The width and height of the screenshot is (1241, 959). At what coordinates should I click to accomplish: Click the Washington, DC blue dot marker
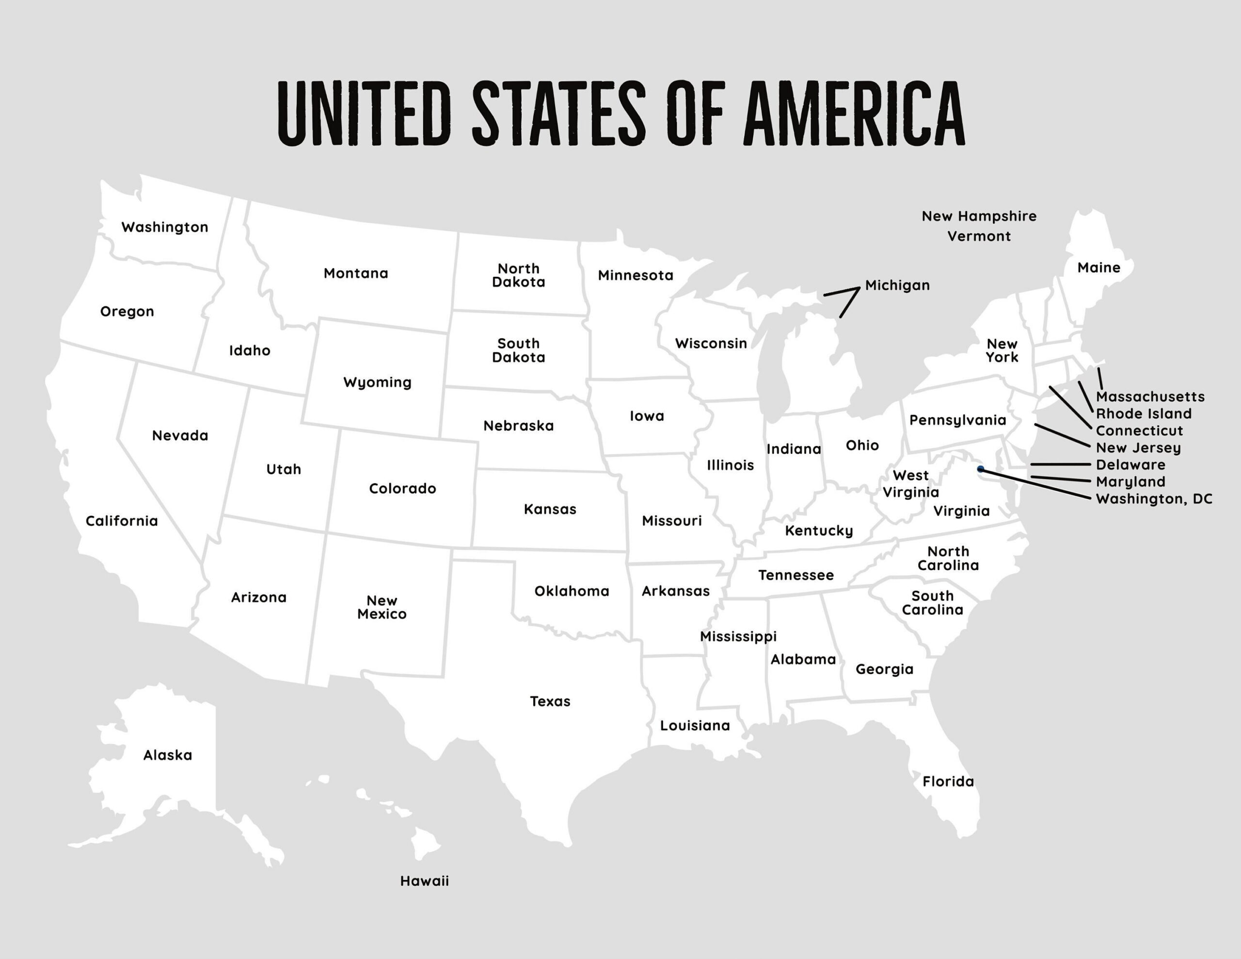coord(980,469)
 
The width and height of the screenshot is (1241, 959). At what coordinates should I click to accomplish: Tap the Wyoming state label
coord(377,383)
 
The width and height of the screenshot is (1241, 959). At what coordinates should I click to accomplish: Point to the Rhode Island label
coord(1143,414)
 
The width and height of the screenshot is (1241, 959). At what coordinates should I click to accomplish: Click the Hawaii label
coord(425,881)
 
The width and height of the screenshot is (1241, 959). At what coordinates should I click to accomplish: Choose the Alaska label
coord(168,755)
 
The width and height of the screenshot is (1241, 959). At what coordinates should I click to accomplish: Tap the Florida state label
coord(948,782)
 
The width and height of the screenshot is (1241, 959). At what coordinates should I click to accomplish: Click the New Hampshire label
coord(978,216)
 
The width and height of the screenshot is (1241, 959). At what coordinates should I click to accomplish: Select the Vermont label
coord(978,236)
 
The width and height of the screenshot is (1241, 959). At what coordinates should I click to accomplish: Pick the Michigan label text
coord(897,286)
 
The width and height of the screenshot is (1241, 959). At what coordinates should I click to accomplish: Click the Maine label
coord(1098,268)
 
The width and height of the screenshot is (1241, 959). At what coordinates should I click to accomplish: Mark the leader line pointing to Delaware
coord(1060,464)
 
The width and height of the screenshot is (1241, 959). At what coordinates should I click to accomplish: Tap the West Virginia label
coord(910,484)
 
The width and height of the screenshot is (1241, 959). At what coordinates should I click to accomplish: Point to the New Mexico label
coord(382,607)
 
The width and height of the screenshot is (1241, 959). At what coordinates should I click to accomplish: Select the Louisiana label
coord(694,726)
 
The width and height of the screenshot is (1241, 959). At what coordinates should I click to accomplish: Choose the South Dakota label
coord(518,350)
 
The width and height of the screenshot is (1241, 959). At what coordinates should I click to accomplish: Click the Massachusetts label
coord(1150,397)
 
